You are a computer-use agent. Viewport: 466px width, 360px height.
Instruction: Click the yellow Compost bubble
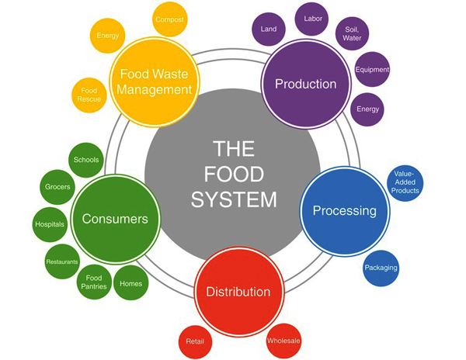coord(169,19)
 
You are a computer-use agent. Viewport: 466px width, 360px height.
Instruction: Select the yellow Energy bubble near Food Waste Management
coord(108,36)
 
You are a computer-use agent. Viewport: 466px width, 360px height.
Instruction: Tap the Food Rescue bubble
coord(89,95)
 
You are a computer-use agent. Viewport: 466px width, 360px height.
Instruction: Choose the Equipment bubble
coord(372,70)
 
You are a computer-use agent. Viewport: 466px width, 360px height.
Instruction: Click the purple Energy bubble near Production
coord(367,109)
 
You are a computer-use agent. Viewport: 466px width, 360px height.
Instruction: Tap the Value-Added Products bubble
coord(406,182)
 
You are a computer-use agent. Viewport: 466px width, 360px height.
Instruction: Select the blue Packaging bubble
coord(381,268)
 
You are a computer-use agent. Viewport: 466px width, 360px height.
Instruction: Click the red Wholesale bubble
coord(283,341)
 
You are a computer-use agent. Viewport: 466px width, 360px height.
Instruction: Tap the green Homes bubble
coord(130,284)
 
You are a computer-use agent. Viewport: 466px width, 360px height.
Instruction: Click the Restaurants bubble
coord(62,261)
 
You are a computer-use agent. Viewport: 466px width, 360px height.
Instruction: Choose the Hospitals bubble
coord(50,225)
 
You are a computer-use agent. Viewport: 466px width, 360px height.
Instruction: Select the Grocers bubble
coord(57,187)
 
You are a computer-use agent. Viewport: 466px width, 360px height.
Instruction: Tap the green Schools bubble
coord(86,160)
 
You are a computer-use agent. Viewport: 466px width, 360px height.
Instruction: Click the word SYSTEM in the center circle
coord(234,200)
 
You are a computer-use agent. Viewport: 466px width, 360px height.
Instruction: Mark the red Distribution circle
coord(238,292)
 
